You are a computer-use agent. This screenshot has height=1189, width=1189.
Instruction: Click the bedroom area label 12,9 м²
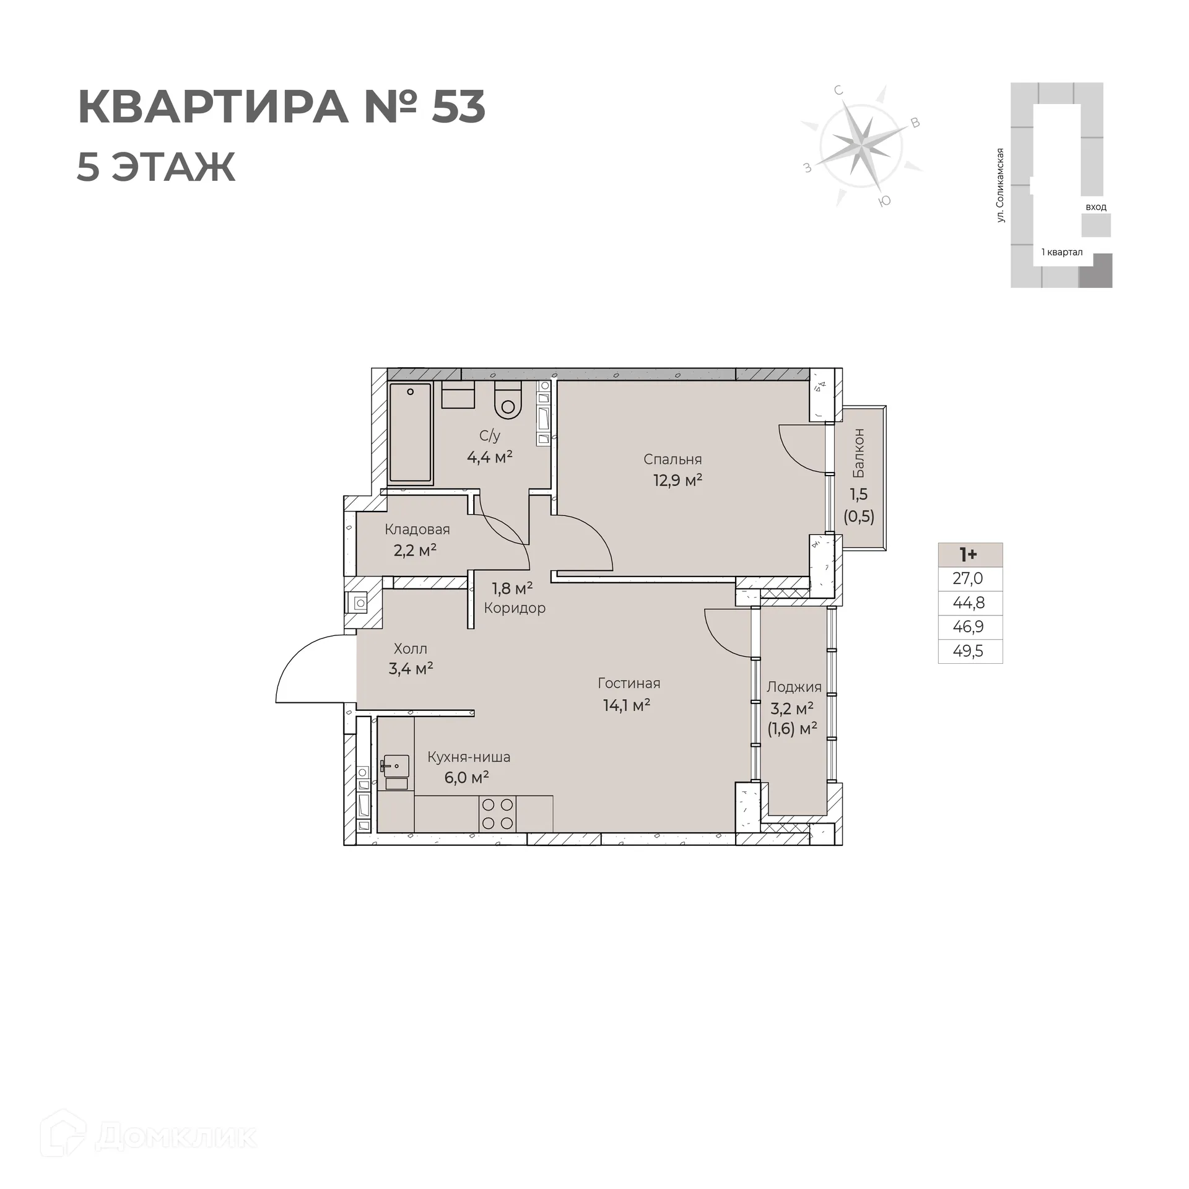coord(677,480)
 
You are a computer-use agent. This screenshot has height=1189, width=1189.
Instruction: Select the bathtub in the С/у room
coord(409,433)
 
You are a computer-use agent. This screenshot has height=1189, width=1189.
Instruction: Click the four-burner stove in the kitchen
coord(497,814)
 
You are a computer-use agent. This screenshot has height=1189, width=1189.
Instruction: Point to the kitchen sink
coord(395,767)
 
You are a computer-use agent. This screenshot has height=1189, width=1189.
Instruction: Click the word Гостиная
coord(629,683)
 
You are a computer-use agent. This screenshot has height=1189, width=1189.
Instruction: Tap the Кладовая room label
coord(417,529)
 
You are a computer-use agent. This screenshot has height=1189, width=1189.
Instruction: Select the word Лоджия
coord(794,687)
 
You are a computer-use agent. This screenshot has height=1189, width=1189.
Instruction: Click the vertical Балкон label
coord(859,453)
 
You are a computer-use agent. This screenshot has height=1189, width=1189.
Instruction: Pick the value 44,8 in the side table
coord(969,603)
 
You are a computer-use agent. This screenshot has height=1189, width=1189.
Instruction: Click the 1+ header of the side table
coord(969,554)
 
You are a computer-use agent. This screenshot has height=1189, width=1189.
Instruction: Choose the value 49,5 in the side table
coord(969,651)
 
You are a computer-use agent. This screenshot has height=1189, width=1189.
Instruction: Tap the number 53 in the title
coord(458,107)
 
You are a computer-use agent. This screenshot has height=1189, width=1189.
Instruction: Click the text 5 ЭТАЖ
coord(156,167)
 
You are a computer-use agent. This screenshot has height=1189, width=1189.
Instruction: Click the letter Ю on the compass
coord(885,201)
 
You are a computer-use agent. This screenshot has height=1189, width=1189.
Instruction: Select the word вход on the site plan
coord(1095,207)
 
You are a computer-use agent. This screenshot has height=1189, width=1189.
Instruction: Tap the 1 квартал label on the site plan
coord(1061,252)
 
